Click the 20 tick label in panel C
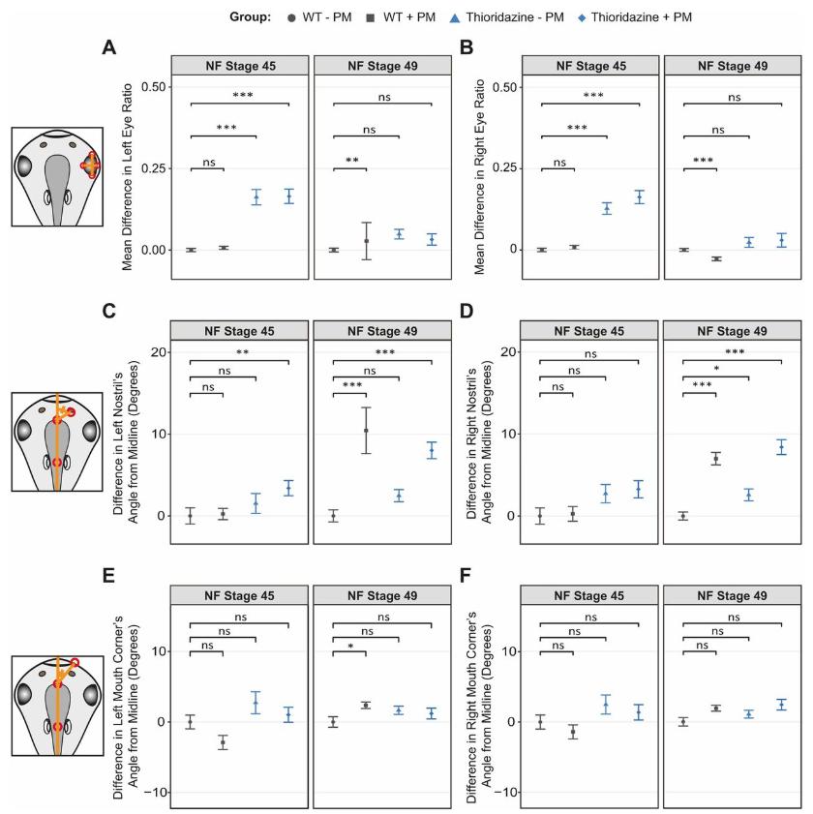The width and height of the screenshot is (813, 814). click(152, 351)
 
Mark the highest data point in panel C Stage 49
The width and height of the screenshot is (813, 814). click(366, 430)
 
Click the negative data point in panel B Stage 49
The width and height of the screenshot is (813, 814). click(716, 258)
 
